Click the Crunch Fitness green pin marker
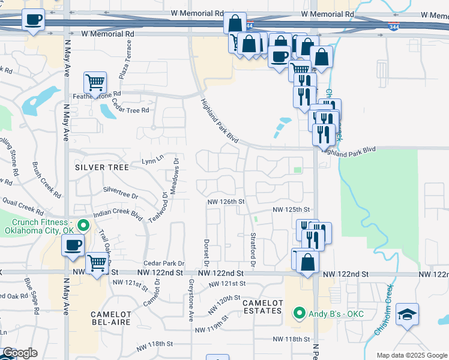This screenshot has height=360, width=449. click(84, 226)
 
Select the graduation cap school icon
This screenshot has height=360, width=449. click(407, 314)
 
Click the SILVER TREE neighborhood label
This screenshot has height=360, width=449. click(102, 167)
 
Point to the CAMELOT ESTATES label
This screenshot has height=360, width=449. click(262, 307)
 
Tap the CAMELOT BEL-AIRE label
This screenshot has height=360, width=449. click(111, 319)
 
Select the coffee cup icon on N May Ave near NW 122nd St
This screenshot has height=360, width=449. click(73, 245)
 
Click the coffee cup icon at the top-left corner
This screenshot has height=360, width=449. click(34, 19)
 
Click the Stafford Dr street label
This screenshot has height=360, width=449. click(253, 250)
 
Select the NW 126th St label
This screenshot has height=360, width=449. click(227, 202)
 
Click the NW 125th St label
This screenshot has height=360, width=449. click(291, 209)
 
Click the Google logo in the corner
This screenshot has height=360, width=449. click(20, 353)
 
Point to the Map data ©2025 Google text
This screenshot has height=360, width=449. click(411, 355)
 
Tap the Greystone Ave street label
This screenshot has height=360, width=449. click(191, 299)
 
